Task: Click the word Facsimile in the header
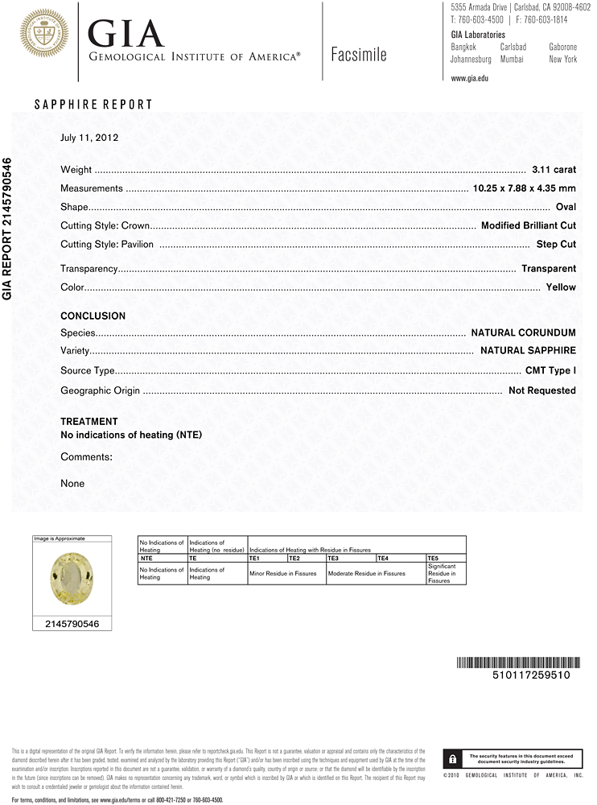coord(359,55)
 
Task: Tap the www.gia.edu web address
coord(470,78)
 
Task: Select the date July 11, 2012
coord(89,138)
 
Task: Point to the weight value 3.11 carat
coord(554,170)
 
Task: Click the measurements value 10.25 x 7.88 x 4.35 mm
coord(523,188)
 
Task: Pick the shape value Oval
coord(566,207)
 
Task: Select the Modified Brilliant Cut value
coord(528,225)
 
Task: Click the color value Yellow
coord(561,287)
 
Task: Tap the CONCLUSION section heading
coord(93,316)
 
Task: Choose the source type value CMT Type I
coord(550,371)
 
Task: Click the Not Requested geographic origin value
coord(541,390)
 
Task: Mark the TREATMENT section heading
coord(89,422)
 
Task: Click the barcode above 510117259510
coord(513,663)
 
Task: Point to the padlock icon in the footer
coord(454,759)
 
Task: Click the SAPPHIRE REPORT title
coord(93,105)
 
